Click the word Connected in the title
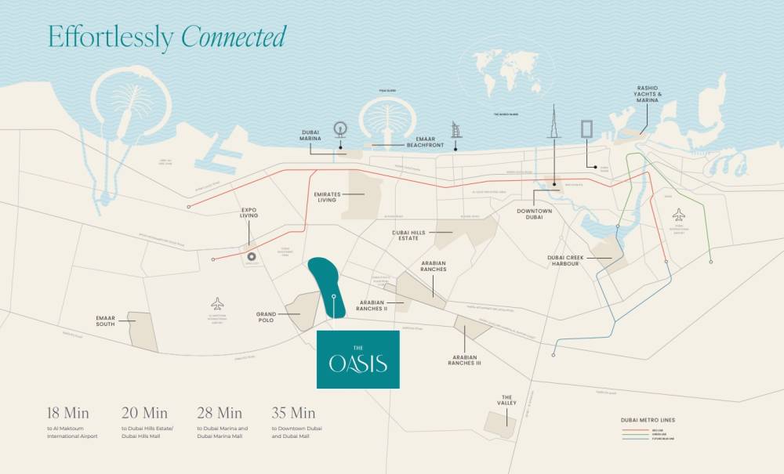[x=234, y=36]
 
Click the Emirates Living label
[x=325, y=197]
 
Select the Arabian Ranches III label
[x=465, y=361]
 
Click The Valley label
[x=507, y=400]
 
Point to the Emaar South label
[x=106, y=320]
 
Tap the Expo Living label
[x=249, y=213]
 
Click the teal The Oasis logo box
[x=358, y=360]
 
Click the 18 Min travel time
[x=68, y=413]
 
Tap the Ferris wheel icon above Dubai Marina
[x=339, y=129]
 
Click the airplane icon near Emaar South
[x=217, y=303]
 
